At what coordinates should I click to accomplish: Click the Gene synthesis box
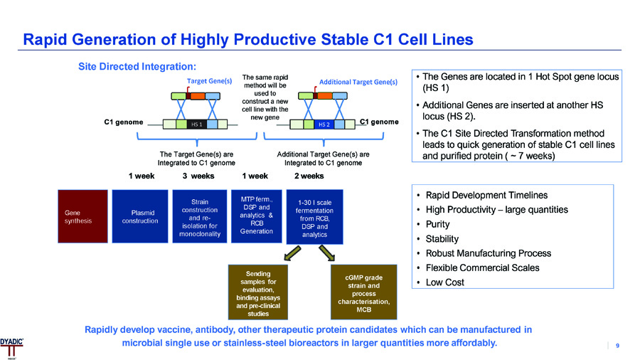83,216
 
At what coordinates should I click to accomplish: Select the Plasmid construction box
141,216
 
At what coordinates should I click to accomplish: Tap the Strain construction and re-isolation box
200,216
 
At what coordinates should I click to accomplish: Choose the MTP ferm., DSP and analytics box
256,216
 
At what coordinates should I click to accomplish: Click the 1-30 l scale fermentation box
314,217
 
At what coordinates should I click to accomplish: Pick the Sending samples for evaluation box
257,292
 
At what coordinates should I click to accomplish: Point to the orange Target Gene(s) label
210,81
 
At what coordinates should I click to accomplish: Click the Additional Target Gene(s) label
358,82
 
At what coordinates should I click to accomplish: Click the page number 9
617,346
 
